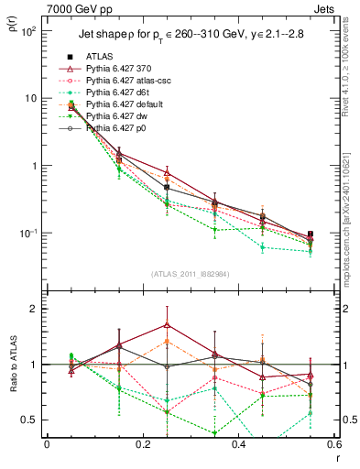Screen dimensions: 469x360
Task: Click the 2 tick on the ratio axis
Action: pos(36,310)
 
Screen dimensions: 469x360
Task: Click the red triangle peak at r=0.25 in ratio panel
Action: pos(167,324)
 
